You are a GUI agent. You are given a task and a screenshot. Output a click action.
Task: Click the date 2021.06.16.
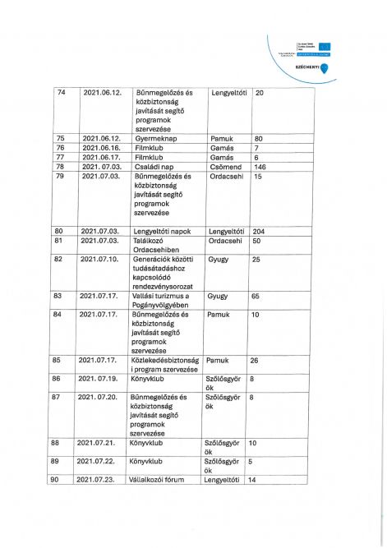click(101, 148)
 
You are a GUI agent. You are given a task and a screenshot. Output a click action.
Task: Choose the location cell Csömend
click(223, 166)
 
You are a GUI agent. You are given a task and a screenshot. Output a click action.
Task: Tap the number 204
click(260, 232)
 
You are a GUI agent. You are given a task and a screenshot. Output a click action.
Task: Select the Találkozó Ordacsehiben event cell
click(160, 246)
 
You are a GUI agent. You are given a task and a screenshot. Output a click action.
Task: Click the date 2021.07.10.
click(101, 260)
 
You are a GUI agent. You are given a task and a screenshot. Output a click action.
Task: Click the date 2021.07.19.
click(101, 379)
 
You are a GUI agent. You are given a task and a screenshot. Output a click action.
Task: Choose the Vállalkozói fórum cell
click(164, 480)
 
